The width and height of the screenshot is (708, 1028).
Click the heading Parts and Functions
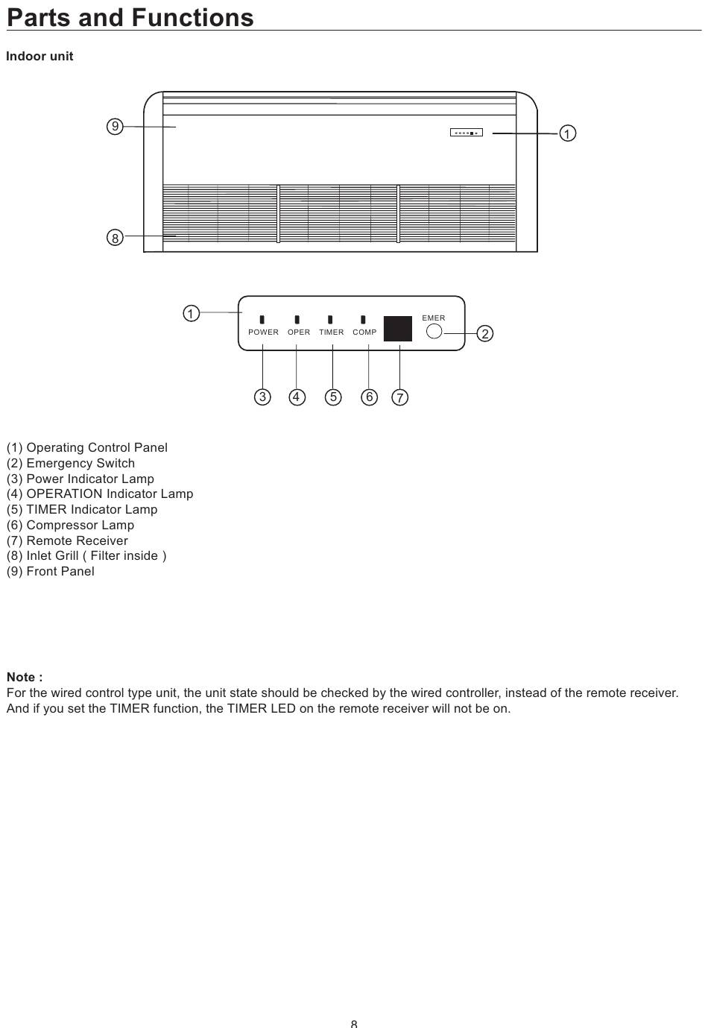[x=130, y=17]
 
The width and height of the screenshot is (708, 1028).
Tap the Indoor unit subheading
[x=39, y=57]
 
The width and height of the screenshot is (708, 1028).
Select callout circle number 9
[x=115, y=127]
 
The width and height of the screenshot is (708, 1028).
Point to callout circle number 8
[x=115, y=238]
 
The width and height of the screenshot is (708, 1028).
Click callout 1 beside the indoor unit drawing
[x=567, y=133]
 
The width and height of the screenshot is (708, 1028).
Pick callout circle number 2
[x=485, y=333]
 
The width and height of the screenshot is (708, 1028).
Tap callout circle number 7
[x=400, y=397]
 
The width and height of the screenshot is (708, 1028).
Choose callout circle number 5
[x=333, y=397]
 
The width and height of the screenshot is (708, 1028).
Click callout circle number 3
[x=262, y=397]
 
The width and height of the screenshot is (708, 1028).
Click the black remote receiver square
[x=398, y=329]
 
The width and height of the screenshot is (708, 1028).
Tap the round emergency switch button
[x=434, y=331]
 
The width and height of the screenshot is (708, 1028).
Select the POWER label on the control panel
[x=263, y=332]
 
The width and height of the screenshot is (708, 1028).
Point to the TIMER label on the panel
[x=332, y=332]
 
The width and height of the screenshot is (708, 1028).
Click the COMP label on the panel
[x=364, y=332]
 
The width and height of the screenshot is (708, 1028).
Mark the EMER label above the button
[x=434, y=318]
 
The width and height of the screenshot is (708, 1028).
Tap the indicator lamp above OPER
[x=297, y=320]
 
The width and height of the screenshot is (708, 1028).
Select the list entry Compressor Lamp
[x=70, y=525]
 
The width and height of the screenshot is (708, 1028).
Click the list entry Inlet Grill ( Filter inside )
[x=86, y=555]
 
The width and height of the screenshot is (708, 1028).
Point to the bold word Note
[x=25, y=677]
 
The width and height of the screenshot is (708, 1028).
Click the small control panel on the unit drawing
[x=467, y=133]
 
